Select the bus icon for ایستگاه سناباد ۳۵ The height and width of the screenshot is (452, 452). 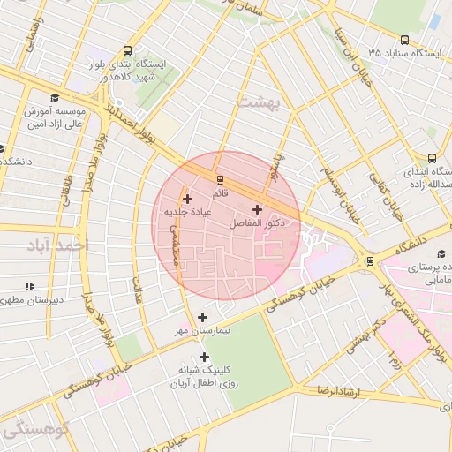(404, 40)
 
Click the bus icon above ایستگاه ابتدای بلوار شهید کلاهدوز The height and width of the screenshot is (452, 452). (129, 50)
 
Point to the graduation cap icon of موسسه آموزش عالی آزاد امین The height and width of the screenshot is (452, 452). (55, 97)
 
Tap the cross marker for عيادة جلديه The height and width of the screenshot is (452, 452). (187, 199)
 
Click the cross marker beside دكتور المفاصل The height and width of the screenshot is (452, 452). (257, 210)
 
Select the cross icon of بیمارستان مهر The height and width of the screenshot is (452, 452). (203, 316)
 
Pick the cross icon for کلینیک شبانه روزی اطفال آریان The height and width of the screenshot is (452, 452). (205, 358)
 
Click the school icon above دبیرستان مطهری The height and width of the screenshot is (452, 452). (28, 286)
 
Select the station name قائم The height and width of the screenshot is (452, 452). (220, 192)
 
